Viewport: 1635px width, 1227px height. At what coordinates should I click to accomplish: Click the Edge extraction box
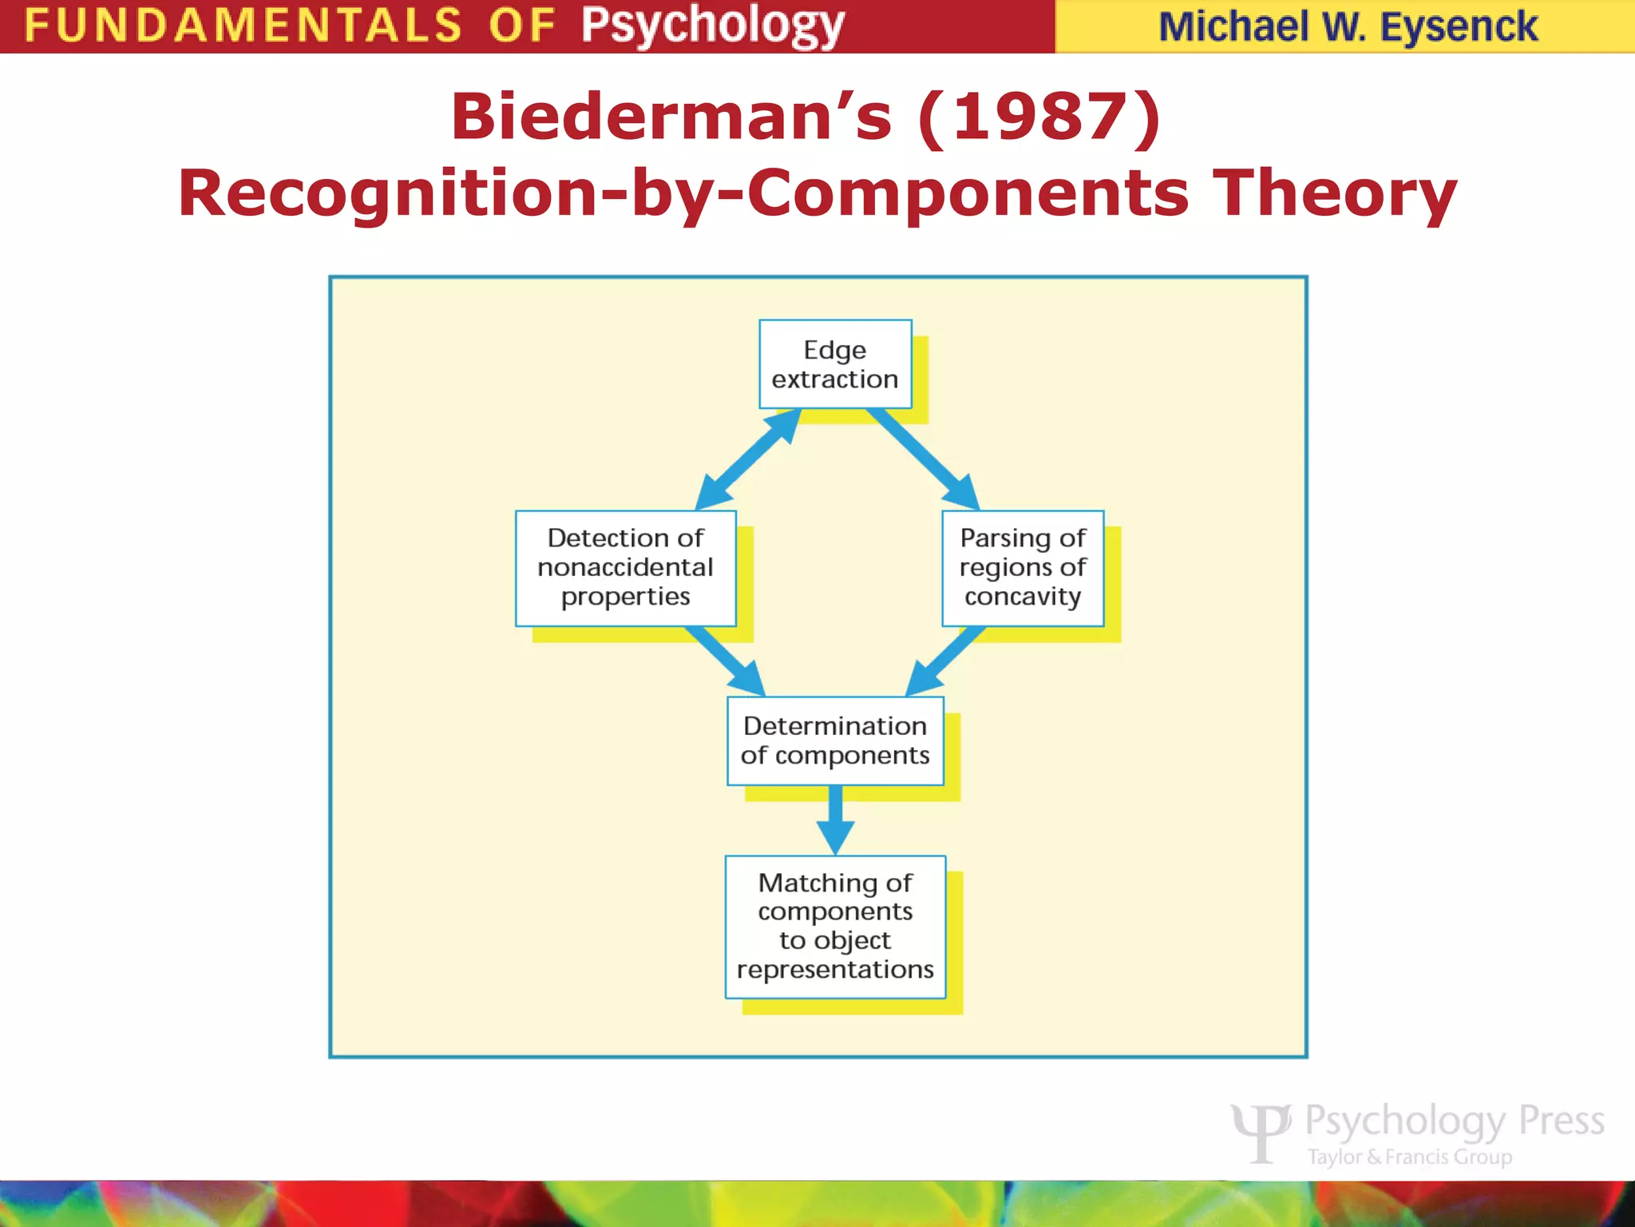pos(835,364)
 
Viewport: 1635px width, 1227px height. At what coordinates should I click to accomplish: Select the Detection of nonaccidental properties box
pos(625,568)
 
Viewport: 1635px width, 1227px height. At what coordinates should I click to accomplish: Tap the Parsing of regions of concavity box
pos(1023,568)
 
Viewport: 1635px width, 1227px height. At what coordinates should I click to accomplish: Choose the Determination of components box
pos(835,741)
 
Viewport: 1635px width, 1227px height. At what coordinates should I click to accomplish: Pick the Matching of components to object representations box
pos(835,927)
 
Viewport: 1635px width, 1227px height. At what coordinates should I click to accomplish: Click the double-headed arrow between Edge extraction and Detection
pos(748,459)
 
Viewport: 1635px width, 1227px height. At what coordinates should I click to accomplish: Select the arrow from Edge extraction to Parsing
pos(923,459)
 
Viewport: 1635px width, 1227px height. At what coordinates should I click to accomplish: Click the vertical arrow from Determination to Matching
pos(835,820)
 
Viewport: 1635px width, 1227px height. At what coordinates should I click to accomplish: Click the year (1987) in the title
pos(1039,117)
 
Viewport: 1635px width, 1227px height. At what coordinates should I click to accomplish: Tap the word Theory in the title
pos(1335,193)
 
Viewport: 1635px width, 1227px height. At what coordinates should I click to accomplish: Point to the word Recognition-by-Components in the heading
pos(683,193)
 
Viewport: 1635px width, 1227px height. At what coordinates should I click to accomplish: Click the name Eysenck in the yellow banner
pos(1458,27)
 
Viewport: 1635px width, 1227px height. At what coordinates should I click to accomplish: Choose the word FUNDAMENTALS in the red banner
pos(243,26)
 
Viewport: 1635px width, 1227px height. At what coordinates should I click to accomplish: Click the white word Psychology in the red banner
pos(712,26)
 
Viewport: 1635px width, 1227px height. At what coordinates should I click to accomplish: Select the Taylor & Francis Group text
pos(1409,1157)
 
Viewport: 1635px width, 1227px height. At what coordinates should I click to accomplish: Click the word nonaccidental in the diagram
pos(625,567)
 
